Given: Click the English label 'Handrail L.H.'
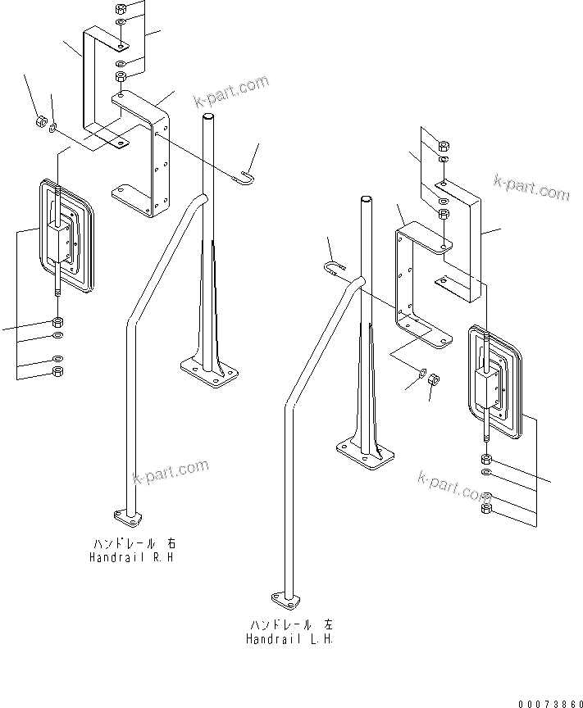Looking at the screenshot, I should [x=289, y=638].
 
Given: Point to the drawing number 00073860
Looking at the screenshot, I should [x=549, y=702].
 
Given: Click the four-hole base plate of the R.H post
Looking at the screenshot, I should [x=210, y=373].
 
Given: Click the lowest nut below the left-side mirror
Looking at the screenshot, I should [x=57, y=373].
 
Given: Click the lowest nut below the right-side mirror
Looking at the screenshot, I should [x=486, y=510].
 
